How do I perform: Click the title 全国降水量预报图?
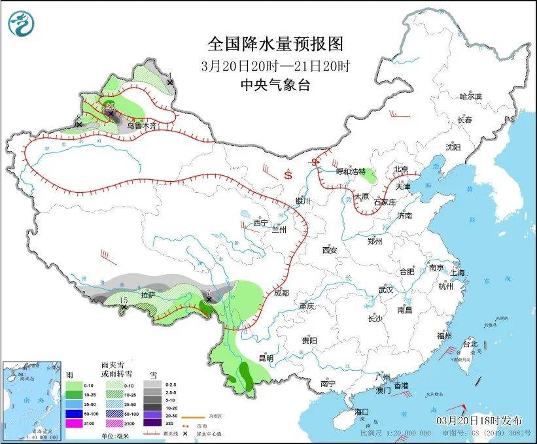[x=275, y=44]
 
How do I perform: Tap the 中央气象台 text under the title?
[x=275, y=85]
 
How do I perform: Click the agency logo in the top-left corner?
[x=21, y=24]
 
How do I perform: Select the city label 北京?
[x=402, y=169]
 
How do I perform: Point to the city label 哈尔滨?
[x=470, y=96]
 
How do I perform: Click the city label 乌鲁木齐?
[x=141, y=125]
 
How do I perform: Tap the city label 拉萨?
[x=148, y=295]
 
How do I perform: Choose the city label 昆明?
[x=266, y=358]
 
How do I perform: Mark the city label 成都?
[x=281, y=292]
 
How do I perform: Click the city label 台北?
[x=470, y=343]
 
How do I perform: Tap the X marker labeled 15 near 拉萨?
[x=124, y=306]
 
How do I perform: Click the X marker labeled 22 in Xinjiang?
[x=111, y=112]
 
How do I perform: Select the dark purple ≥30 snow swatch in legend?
[x=154, y=424]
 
